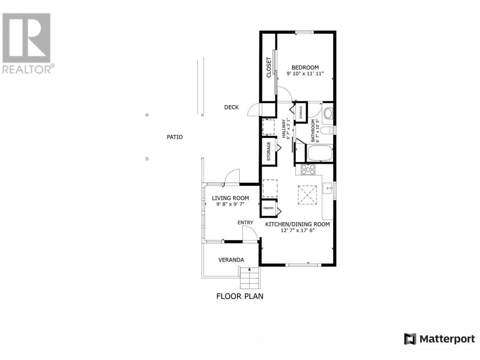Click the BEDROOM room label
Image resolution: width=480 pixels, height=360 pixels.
(305, 67)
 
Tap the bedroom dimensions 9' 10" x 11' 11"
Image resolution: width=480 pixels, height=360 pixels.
(305, 73)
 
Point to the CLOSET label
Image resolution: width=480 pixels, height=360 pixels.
(268, 67)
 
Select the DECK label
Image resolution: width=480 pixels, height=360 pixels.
(232, 107)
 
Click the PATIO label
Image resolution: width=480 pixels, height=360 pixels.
(174, 137)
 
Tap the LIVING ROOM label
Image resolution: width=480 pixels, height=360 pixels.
(230, 198)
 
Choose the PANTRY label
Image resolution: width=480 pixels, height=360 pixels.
(268, 208)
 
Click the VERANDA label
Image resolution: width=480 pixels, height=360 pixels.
(231, 260)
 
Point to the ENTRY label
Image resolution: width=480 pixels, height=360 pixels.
(245, 222)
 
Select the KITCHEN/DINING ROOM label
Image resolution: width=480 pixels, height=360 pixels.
(297, 224)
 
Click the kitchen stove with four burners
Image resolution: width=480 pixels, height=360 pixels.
(308, 169)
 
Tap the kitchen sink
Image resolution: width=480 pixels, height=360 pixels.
(328, 188)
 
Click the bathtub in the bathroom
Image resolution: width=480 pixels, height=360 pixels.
(320, 153)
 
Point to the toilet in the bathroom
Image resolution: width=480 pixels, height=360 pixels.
(328, 130)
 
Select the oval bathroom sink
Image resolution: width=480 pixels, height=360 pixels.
(328, 114)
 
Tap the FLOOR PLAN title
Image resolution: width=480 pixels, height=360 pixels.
(240, 296)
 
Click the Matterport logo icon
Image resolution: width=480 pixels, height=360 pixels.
(410, 339)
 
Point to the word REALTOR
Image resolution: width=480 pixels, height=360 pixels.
(27, 69)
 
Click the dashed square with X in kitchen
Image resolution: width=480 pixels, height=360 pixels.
(307, 195)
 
